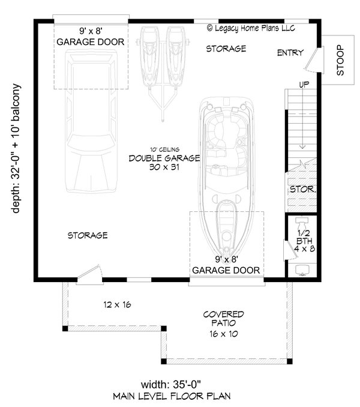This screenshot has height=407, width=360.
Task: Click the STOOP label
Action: [340, 60]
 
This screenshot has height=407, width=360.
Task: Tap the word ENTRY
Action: [290, 53]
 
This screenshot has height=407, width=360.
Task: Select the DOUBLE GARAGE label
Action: [164, 158]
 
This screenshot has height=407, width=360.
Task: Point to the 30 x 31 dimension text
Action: [164, 167]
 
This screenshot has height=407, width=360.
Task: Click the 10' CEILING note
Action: [164, 149]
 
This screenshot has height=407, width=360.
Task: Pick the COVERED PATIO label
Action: [224, 319]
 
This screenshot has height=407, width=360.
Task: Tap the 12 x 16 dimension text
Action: [117, 304]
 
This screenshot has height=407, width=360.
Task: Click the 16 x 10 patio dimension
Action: [224, 334]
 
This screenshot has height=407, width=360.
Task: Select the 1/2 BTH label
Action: [304, 237]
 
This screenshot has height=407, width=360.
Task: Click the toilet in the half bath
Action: [301, 223]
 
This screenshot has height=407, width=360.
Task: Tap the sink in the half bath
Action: [302, 270]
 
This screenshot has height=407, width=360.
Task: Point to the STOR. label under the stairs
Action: [303, 189]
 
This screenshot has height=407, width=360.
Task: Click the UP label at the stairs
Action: [304, 85]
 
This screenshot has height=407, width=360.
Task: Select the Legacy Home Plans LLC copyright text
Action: [251, 28]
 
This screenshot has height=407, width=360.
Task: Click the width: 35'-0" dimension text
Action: [171, 384]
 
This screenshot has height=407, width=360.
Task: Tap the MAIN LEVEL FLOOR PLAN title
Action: [172, 396]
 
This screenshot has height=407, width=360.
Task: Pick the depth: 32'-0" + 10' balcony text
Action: [16, 148]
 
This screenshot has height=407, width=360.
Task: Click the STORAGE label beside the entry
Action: [226, 49]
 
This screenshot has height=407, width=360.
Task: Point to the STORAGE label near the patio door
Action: [88, 235]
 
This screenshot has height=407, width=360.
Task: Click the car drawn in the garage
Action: [91, 121]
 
